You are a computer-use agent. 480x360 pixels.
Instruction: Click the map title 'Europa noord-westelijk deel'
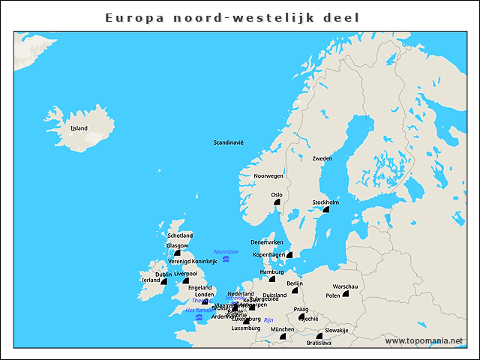click(x=242, y=16)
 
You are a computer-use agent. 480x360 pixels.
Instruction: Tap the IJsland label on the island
click(x=79, y=128)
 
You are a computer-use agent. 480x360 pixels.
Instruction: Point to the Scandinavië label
click(x=229, y=142)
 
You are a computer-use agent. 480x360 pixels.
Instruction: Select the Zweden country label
click(x=322, y=159)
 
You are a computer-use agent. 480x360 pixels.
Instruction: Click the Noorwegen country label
click(x=268, y=175)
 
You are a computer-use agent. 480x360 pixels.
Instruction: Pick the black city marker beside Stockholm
click(x=326, y=209)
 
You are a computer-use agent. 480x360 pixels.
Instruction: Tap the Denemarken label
click(x=266, y=242)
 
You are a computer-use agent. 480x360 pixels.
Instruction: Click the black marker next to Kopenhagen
click(x=289, y=255)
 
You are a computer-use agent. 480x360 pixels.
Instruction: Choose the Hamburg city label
click(x=271, y=271)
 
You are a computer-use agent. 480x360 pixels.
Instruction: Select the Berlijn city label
click(x=295, y=283)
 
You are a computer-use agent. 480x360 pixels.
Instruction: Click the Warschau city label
click(x=345, y=286)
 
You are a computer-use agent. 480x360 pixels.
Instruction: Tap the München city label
click(x=282, y=329)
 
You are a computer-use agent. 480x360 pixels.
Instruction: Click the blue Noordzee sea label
click(x=226, y=251)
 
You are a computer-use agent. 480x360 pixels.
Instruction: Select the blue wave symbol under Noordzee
click(x=225, y=259)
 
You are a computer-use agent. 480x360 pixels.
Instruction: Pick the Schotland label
click(x=180, y=235)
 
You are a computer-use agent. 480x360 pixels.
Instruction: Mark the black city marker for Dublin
click(x=163, y=281)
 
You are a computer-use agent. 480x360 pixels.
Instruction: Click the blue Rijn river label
click(x=268, y=319)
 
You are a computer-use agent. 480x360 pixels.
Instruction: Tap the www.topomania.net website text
click(x=424, y=341)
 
